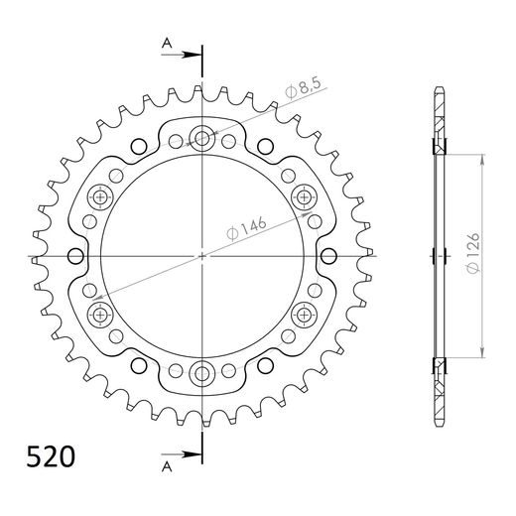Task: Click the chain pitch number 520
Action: [x=48, y=458]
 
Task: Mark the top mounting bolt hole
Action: [x=203, y=138]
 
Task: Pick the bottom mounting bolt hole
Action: [x=203, y=374]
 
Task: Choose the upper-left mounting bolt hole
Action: [x=100, y=196]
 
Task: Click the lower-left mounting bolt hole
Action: [x=100, y=316]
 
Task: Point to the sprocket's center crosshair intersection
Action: [x=203, y=256]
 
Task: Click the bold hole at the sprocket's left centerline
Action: [x=72, y=256]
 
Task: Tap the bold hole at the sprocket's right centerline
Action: [x=333, y=256]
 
